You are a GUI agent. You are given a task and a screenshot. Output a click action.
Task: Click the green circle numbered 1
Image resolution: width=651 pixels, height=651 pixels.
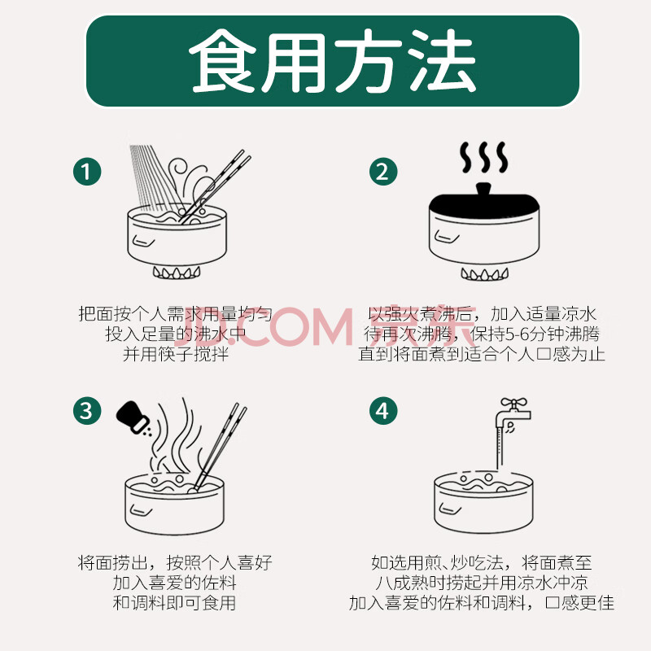tap(87, 172)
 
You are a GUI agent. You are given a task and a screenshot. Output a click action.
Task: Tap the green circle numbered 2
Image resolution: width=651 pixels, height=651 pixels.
tap(383, 172)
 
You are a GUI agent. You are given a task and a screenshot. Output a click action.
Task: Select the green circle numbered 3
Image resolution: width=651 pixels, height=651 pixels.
tap(87, 411)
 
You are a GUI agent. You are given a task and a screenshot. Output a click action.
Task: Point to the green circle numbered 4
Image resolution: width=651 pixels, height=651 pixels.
tap(383, 411)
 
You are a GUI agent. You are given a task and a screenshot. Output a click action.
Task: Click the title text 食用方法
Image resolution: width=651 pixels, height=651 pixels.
tap(332, 61)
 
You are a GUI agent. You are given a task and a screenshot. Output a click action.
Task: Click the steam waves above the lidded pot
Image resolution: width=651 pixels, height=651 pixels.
tap(484, 157)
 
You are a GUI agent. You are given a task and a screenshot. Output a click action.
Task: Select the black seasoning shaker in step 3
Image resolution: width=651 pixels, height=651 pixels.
tap(133, 417)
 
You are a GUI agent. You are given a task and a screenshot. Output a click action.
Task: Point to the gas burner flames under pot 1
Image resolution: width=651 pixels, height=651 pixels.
tap(177, 273)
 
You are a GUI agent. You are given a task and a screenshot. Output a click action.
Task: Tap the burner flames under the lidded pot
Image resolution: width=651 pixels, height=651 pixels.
tap(484, 273)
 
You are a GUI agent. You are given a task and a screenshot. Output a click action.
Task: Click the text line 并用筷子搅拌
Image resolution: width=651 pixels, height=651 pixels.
tap(176, 355)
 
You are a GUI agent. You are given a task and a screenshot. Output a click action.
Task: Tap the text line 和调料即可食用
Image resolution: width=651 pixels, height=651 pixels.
tap(174, 603)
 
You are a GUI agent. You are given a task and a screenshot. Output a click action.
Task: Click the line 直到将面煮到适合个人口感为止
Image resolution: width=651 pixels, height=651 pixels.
tap(482, 355)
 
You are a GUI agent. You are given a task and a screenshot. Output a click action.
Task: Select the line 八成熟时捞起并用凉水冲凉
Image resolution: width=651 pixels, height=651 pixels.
tap(482, 583)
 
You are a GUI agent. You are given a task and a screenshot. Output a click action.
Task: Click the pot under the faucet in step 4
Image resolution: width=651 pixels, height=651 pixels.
tap(483, 501)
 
